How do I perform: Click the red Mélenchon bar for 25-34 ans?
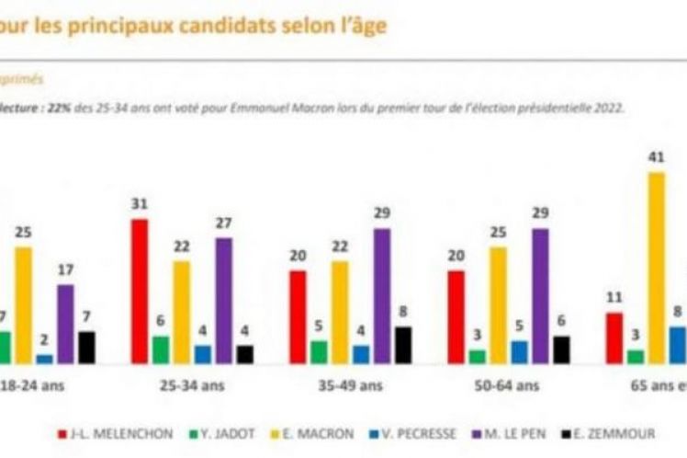point(140,291)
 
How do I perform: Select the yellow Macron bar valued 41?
point(656,267)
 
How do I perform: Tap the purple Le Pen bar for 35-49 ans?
point(382,294)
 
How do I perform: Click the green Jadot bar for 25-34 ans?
point(161,349)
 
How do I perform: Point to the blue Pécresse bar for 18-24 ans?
point(44,358)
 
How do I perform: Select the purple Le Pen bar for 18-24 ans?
point(65,323)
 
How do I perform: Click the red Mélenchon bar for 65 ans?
point(614,338)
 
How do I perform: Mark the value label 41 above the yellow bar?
point(656,157)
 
